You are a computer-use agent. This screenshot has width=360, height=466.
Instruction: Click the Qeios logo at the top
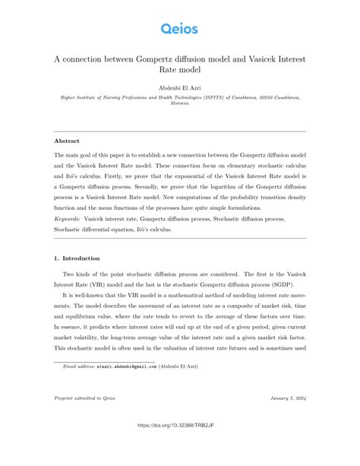coord(179,29)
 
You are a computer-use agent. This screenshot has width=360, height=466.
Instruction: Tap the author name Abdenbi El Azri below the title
coord(179,88)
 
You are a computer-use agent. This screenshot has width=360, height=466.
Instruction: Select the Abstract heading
coord(67,141)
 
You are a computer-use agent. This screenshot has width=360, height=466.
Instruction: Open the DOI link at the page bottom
coord(179,447)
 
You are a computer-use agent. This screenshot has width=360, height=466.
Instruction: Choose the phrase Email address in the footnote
coord(79,366)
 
